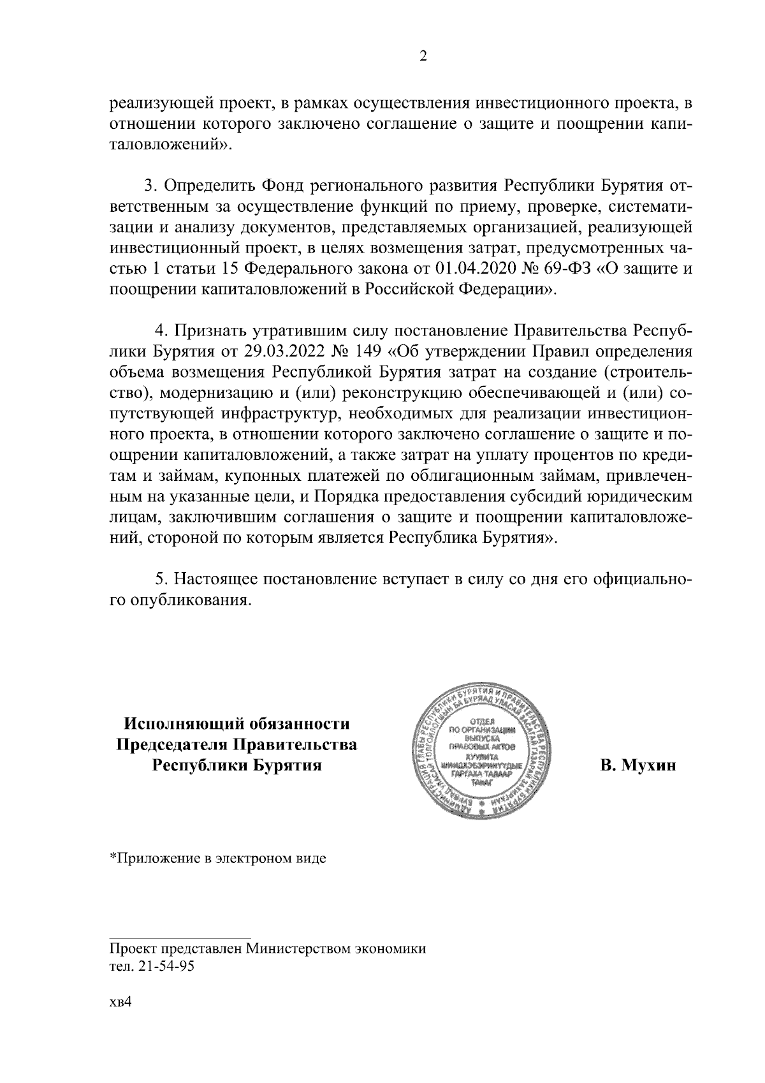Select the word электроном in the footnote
click(x=257, y=858)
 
